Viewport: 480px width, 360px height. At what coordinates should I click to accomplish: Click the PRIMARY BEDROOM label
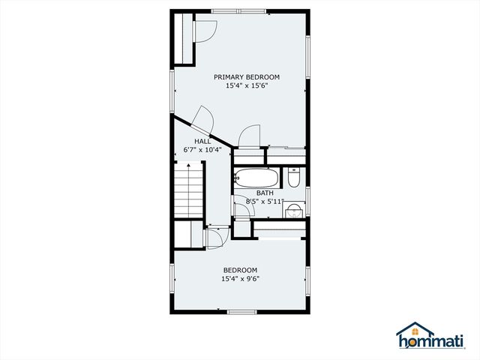[x=247, y=76]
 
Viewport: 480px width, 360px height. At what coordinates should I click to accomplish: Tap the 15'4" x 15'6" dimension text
[x=247, y=85]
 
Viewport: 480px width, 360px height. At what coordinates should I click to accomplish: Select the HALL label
[x=202, y=142]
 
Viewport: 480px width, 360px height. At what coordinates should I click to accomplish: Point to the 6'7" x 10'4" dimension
[x=202, y=150]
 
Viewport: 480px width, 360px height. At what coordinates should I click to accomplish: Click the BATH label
[x=265, y=193]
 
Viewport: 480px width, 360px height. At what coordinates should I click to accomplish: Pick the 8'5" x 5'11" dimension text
[x=265, y=202]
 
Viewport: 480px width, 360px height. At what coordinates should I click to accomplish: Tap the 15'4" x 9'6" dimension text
[x=240, y=279]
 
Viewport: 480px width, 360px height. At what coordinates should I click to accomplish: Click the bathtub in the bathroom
[x=256, y=178]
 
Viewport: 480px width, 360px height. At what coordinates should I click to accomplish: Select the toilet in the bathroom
[x=294, y=178]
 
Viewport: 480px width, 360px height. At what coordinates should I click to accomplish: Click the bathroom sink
[x=294, y=210]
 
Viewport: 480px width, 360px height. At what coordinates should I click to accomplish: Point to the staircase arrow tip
[x=189, y=165]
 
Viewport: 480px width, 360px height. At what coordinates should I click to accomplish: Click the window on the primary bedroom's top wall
[x=238, y=11]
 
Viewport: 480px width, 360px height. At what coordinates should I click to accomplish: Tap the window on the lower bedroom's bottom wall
[x=242, y=312]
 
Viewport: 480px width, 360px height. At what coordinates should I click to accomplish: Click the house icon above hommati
[x=415, y=329]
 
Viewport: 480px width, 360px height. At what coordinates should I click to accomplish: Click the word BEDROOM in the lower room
[x=240, y=270]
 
